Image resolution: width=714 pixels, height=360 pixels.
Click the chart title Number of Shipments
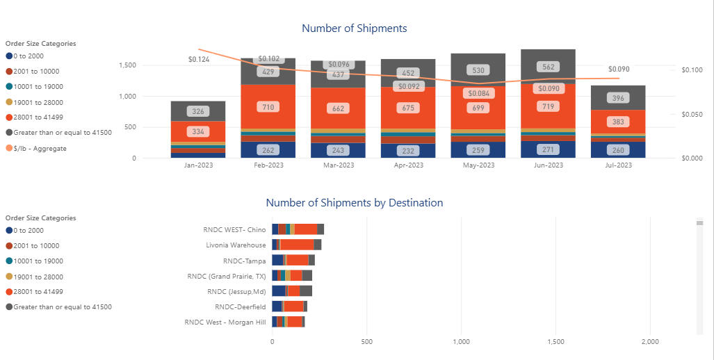[x=354, y=28]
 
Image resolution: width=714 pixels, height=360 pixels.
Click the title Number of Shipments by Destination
[x=354, y=203]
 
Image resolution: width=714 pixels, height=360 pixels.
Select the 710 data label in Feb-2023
[x=268, y=108]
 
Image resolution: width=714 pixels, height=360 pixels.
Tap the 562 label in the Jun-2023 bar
[x=549, y=67]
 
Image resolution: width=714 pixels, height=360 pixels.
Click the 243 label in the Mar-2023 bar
[x=338, y=150]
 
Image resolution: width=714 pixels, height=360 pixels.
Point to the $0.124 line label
[x=198, y=60]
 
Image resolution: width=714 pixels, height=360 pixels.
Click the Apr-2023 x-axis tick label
[x=408, y=165]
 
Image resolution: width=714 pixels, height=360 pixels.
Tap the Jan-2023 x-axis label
[x=198, y=165]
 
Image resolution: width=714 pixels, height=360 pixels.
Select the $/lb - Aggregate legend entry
[x=40, y=148]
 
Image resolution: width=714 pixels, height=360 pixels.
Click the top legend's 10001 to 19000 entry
[x=38, y=87]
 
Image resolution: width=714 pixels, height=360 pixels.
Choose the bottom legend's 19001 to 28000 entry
[x=38, y=277]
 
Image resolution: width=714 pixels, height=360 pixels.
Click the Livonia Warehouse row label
[x=236, y=245]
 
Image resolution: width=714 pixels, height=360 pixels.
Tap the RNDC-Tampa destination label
[x=244, y=261]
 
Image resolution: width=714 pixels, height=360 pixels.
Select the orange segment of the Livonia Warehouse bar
[x=297, y=245]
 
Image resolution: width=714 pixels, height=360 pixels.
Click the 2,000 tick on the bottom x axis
[x=649, y=342]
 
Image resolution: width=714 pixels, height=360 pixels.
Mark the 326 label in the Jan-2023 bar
[x=198, y=111]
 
